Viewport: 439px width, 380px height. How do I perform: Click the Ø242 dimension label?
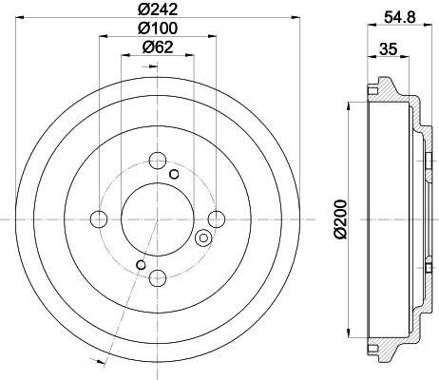pos(158,9)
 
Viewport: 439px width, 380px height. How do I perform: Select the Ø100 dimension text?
pos(158,29)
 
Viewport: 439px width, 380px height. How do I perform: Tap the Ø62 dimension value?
pos(158,48)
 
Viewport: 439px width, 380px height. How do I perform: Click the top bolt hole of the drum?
pos(158,161)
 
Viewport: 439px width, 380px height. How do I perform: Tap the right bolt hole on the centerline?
pos(217,219)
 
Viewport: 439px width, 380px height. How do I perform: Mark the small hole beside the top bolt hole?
pos(173,174)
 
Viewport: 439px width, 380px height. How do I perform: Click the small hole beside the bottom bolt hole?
pos(142,264)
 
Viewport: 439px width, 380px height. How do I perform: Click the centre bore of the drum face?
pos(158,219)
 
